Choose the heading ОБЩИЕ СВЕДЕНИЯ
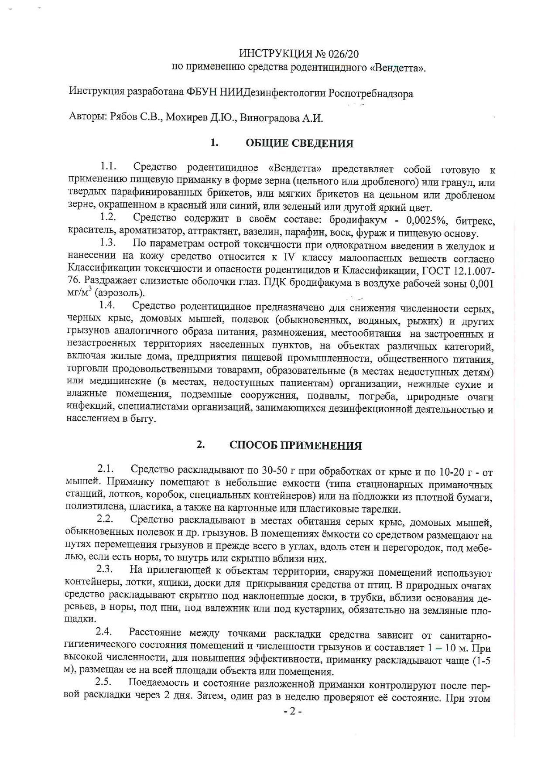tap(299, 143)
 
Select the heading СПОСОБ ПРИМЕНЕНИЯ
tap(295, 446)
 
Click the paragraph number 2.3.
tap(105, 569)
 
